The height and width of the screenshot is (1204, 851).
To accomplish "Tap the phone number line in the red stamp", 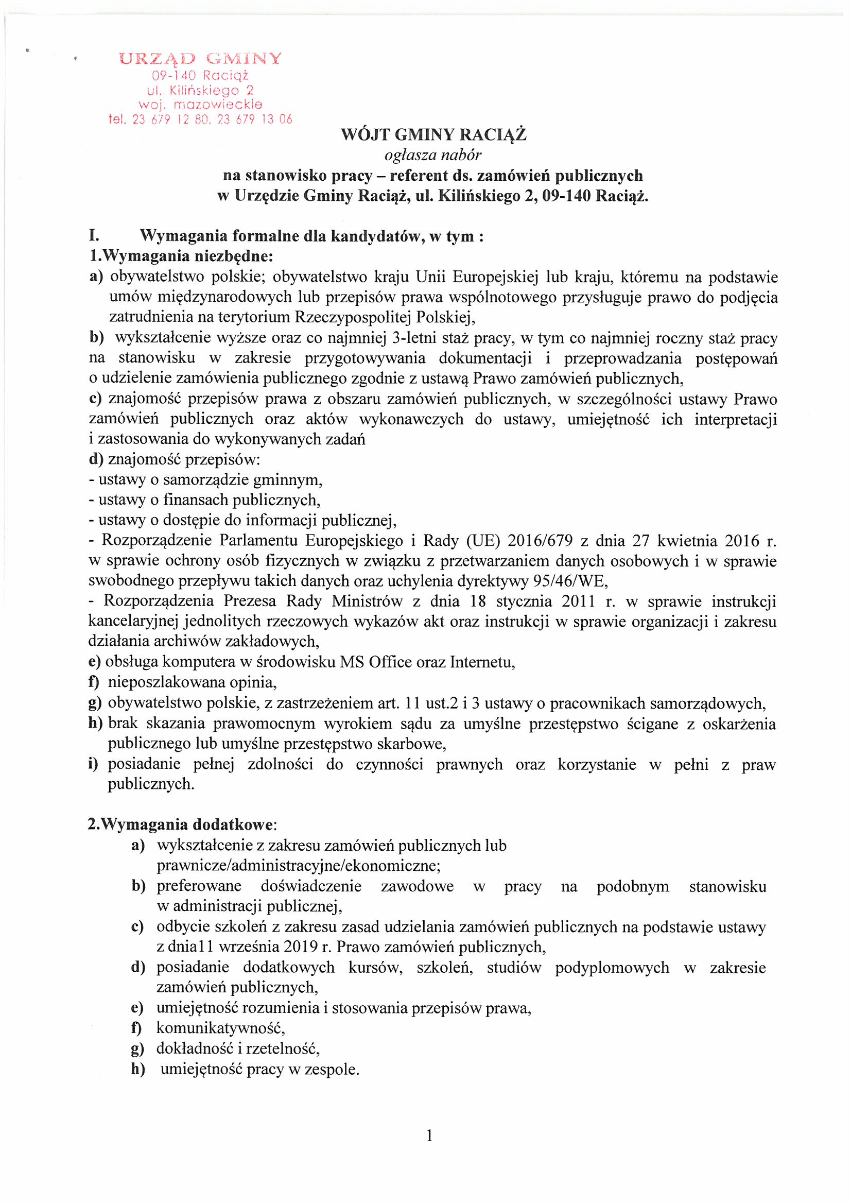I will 200,119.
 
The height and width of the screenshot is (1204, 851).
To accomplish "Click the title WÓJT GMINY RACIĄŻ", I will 433,135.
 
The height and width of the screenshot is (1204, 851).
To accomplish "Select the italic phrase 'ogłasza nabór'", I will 432,155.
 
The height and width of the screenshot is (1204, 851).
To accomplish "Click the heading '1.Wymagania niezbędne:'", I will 181,256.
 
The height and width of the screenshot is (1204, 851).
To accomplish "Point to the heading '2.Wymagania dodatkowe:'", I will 182,825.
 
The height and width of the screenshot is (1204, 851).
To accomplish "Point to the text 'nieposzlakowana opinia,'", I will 192,683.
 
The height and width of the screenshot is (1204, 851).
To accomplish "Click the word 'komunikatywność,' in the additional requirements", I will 220,1028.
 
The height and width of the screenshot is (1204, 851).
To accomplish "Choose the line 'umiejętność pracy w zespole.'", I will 259,1069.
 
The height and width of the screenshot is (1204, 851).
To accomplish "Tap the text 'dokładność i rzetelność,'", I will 237,1049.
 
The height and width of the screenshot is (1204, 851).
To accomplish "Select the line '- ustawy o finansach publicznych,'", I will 204,500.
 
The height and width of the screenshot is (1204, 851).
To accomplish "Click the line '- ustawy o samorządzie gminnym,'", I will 205,480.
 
